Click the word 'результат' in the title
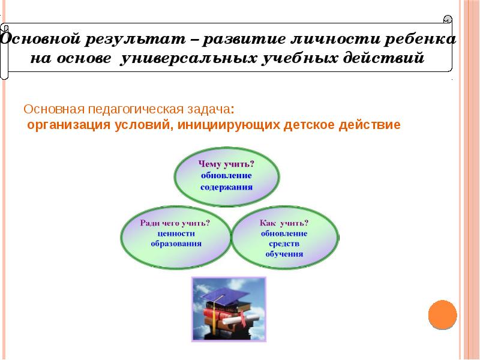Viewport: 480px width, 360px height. [x=139, y=40]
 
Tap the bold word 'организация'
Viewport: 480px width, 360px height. [x=67, y=125]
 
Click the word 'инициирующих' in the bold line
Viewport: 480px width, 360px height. [x=233, y=125]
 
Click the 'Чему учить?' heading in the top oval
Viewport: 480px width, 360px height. [x=226, y=164]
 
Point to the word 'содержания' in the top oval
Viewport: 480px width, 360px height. [x=226, y=187]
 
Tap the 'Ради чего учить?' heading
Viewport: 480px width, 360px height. [x=175, y=223]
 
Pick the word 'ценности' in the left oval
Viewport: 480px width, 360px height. [x=176, y=233]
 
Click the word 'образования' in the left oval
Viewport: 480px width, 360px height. [x=176, y=244]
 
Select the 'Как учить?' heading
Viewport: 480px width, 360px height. [x=284, y=223]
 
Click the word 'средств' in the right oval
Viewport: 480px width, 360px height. [x=284, y=244]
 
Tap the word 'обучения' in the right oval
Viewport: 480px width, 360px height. [x=284, y=254]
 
